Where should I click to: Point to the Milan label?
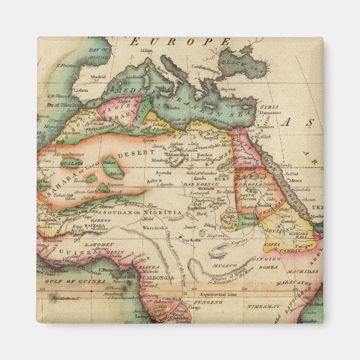click(x=146, y=50)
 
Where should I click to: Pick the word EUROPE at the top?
click(x=180, y=41)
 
